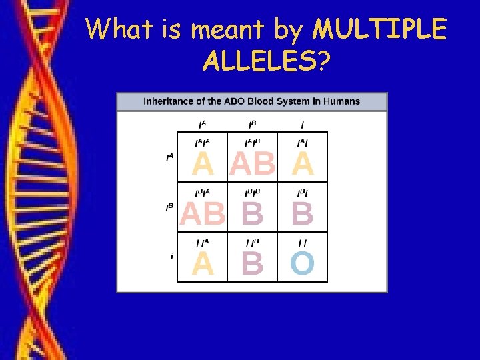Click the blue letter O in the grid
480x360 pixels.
302,264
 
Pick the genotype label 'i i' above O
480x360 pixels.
302,243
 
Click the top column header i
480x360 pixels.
303,125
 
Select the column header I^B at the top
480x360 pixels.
253,125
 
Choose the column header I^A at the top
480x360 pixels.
202,125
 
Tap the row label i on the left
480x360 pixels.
172,257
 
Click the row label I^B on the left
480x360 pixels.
169,207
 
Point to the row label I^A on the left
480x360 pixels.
169,158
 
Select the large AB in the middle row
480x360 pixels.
202,214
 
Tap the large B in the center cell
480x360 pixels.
252,214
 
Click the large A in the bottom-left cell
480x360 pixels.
203,264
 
